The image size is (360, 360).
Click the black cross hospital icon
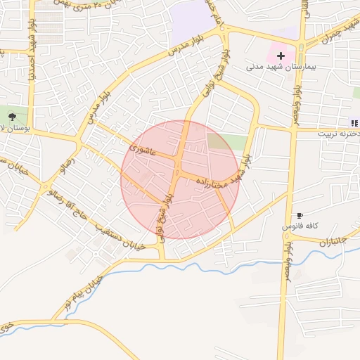[281, 55]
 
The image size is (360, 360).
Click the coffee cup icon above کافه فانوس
[300, 215]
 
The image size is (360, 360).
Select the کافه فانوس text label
[301, 226]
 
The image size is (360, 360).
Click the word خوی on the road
[6, 327]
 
